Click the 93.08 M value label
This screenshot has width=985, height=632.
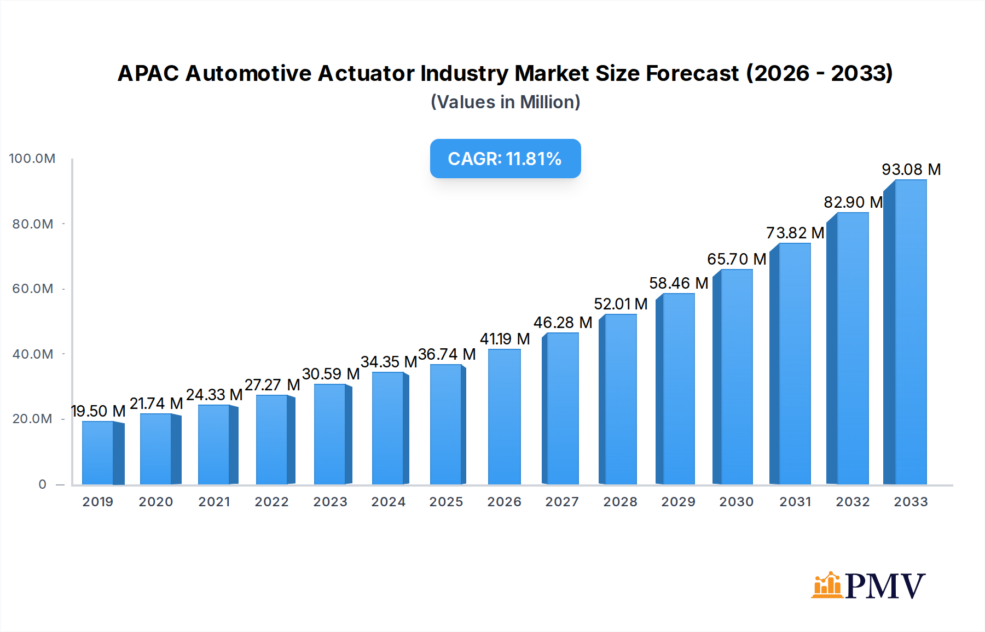tap(911, 169)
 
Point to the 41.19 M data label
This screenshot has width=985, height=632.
tap(505, 339)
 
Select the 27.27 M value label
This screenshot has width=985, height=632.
tap(272, 385)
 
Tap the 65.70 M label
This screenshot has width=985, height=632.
tap(736, 259)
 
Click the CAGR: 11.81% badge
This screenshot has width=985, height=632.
tap(505, 159)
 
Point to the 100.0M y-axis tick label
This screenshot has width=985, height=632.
tap(32, 159)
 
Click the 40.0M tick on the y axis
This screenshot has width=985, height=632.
tap(33, 354)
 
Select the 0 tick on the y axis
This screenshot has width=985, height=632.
tap(42, 484)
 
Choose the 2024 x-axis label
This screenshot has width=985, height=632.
tap(388, 502)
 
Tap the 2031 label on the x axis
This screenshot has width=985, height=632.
tap(795, 502)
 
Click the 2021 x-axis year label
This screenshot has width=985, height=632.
tap(214, 502)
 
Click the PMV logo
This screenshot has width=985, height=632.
tap(868, 586)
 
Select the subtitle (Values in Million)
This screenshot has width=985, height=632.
tap(505, 102)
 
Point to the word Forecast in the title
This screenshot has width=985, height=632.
tap(692, 73)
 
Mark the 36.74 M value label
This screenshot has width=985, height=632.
tap(447, 354)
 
